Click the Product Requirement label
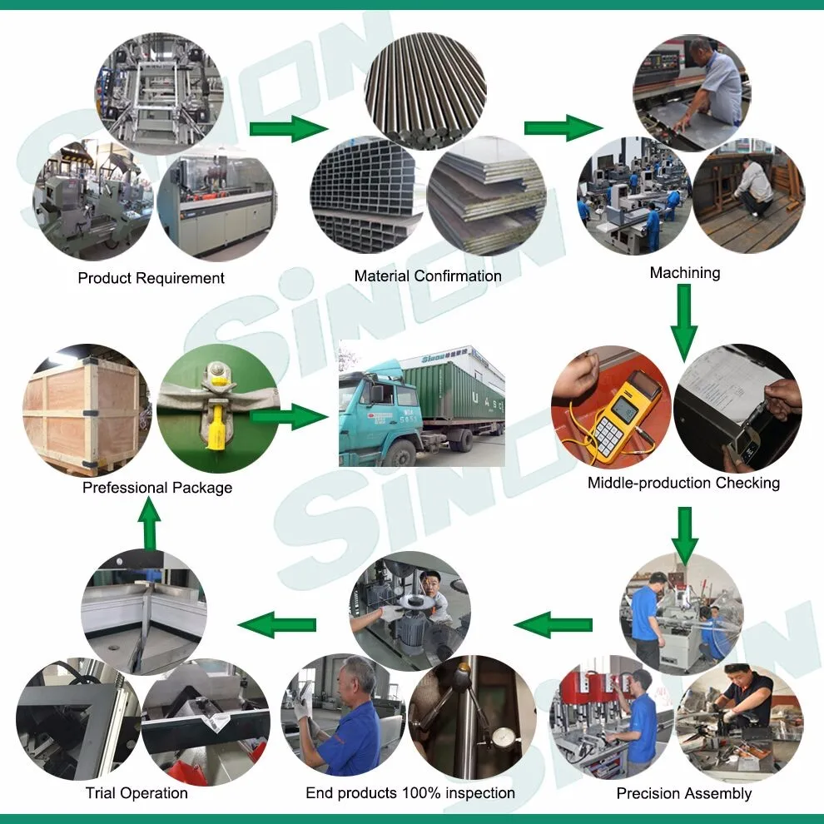[x=151, y=278]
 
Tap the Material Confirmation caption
[x=428, y=276]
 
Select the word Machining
[x=685, y=273]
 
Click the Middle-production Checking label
[x=683, y=483]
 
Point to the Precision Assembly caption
[x=683, y=793]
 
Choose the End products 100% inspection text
[x=410, y=792]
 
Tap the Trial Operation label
[x=137, y=792]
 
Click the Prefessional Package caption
[x=157, y=488]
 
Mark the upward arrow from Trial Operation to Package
[x=150, y=526]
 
